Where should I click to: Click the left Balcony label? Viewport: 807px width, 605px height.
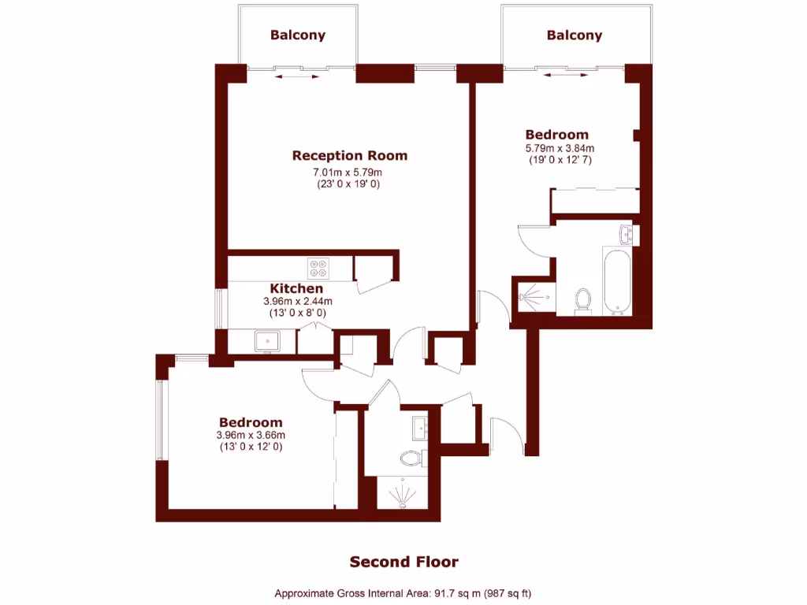coord(297,35)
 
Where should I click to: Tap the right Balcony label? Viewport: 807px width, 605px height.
coord(574,35)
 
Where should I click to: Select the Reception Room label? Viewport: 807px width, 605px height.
coord(349,155)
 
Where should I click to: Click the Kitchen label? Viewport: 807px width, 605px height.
coord(296,288)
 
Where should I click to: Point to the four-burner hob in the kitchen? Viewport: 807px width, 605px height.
coord(318,269)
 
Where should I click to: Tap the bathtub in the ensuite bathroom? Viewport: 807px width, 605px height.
coord(615,281)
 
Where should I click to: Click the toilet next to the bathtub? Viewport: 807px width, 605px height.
coord(583,300)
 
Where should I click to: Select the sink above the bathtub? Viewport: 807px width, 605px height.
coord(626,233)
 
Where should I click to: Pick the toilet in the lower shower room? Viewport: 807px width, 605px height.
coord(411,457)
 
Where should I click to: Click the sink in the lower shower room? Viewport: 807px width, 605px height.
coord(418,428)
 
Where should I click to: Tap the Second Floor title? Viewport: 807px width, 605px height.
coord(403,562)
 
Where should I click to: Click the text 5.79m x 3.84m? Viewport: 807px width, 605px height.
coord(560,148)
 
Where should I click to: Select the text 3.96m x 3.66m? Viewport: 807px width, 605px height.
coord(251,435)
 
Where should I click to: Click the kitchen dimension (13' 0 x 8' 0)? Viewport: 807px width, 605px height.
coord(297,313)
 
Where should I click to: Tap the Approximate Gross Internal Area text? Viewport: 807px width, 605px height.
coord(408,593)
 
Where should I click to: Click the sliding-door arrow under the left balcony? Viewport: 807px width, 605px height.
coord(298,77)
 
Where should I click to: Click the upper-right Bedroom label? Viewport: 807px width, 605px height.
coord(556,135)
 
